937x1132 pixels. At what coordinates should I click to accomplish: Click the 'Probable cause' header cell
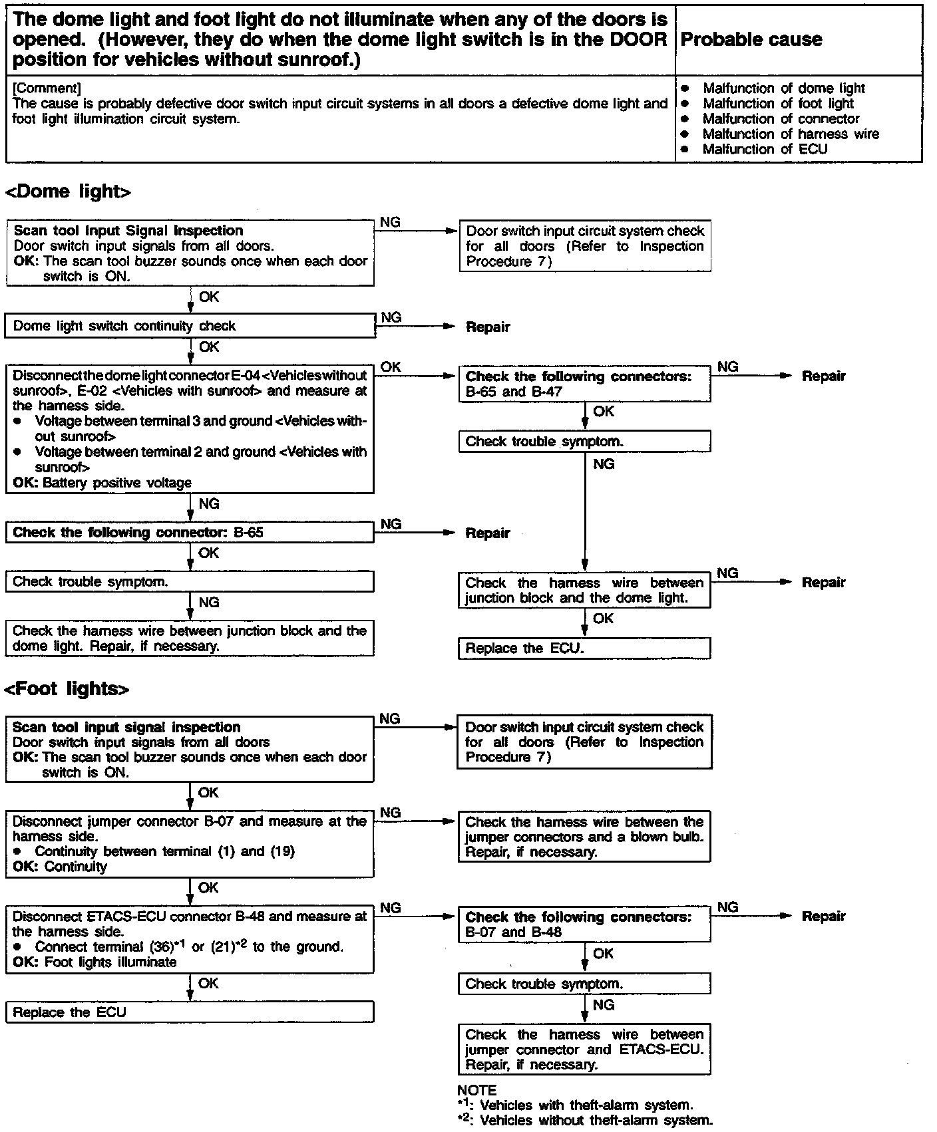click(751, 40)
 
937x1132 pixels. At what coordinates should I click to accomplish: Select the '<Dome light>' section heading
click(68, 192)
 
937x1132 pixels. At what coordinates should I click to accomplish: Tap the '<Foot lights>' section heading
click(67, 688)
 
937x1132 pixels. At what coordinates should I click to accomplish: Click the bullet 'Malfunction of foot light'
click(778, 104)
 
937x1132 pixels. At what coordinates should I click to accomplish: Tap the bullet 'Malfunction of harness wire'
click(791, 134)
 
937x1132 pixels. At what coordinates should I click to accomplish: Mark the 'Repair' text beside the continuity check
click(488, 327)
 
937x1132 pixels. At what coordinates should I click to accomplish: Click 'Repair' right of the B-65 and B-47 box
click(823, 376)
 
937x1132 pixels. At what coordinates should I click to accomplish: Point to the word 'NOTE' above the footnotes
click(476, 1090)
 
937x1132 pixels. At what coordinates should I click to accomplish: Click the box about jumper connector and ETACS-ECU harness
click(584, 1050)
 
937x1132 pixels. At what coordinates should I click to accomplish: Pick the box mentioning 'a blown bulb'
click(584, 837)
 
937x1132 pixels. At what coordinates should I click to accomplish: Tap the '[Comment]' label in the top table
click(47, 88)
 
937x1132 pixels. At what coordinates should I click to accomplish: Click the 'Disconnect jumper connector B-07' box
click(190, 844)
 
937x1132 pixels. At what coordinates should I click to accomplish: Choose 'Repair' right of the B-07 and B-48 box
click(823, 917)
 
